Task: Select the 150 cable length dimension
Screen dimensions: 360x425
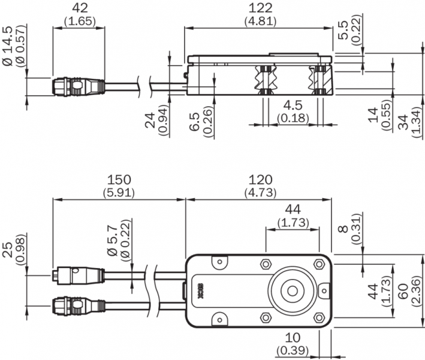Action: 119,179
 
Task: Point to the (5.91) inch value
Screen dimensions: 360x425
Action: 119,193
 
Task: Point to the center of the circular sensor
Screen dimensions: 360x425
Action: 293,291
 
